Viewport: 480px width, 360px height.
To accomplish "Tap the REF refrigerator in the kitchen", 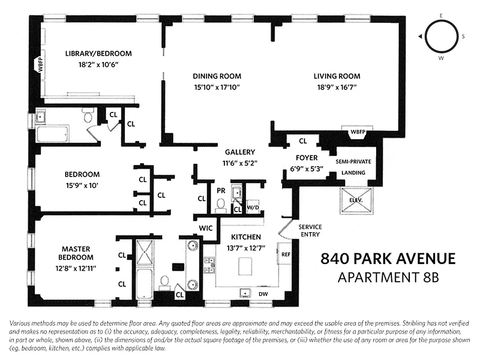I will [x=285, y=254].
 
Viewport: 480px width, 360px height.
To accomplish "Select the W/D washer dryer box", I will [x=252, y=207].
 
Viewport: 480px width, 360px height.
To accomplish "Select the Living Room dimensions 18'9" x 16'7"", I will [x=337, y=87].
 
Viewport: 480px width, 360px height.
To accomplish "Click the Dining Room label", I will [x=217, y=76].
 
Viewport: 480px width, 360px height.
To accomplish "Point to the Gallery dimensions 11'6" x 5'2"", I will [x=240, y=163].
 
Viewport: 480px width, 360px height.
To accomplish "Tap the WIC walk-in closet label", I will [x=206, y=228].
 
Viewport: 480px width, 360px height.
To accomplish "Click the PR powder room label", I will [x=221, y=190].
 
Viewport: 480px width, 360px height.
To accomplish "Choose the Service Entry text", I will [x=310, y=230].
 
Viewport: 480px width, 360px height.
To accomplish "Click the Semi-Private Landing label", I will [x=353, y=167].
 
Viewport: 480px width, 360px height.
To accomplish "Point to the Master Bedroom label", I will [x=76, y=253].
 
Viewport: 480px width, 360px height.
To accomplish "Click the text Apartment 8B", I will [x=388, y=277].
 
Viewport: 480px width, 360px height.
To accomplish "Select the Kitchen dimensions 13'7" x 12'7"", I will [x=246, y=247].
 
